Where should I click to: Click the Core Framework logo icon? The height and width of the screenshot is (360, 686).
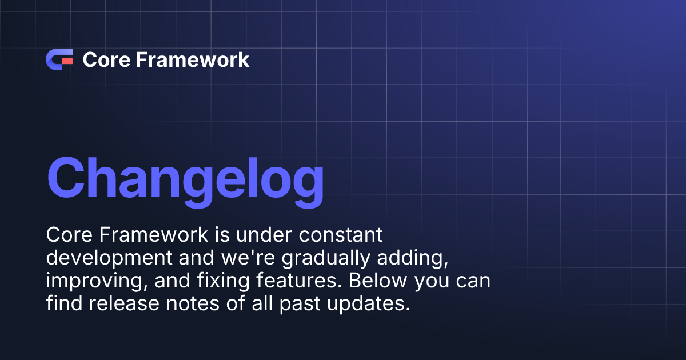[x=59, y=59]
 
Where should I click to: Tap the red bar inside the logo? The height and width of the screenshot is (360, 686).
[x=67, y=59]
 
